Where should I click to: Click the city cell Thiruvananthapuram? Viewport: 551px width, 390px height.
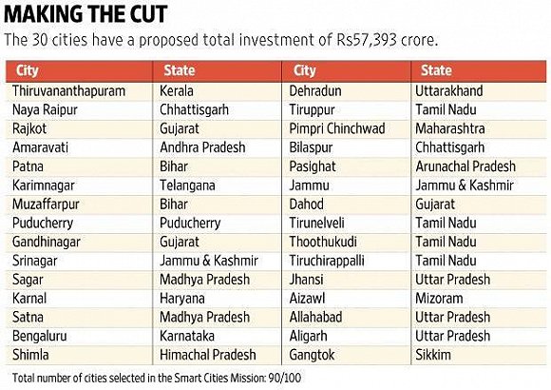(68, 91)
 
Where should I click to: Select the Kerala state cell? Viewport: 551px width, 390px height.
(177, 91)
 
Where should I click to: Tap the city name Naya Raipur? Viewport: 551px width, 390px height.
(45, 110)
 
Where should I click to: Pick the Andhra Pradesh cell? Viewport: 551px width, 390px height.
(202, 147)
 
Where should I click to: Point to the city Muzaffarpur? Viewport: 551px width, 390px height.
(46, 205)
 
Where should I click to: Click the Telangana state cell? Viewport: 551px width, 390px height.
(187, 185)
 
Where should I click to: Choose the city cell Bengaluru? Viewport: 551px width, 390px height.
(39, 336)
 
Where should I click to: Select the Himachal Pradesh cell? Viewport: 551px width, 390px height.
(208, 355)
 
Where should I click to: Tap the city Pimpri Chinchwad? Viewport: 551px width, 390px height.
(337, 128)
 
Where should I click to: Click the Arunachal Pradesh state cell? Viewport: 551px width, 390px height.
(465, 166)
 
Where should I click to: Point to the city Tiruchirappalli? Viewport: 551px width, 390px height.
(327, 261)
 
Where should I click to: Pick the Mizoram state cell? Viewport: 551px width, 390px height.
(439, 299)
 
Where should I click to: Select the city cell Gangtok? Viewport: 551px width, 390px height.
(312, 355)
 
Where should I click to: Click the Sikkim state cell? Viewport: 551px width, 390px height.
(433, 355)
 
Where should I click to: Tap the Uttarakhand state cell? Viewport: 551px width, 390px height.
(449, 91)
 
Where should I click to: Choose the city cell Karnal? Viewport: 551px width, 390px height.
(29, 299)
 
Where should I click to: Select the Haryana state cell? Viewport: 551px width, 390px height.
(182, 300)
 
